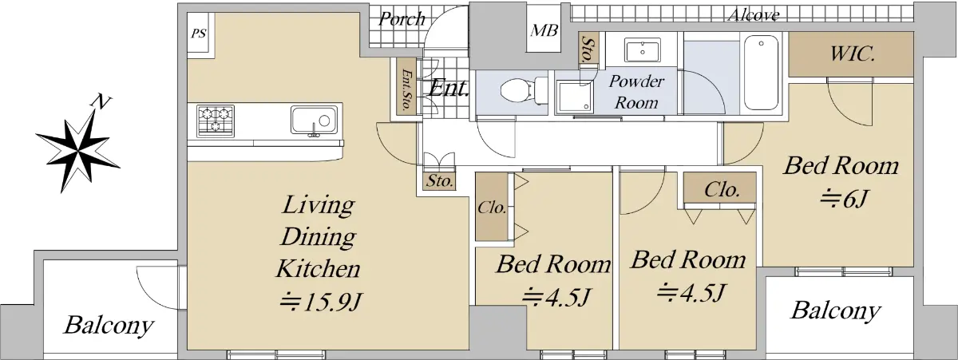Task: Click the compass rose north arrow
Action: [77, 149]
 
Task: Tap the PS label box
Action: [199, 34]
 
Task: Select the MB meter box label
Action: [544, 30]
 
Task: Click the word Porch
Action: [402, 19]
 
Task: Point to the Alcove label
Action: [754, 15]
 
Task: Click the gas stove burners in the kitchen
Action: [216, 121]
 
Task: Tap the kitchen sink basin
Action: [314, 121]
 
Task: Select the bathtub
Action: [761, 73]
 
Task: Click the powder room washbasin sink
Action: [643, 50]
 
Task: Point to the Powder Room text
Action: [636, 92]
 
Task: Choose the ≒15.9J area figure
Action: [321, 302]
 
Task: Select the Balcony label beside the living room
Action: [109, 326]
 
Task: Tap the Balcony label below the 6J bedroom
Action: [836, 311]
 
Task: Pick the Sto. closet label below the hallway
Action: [440, 181]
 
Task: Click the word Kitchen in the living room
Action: [319, 269]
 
